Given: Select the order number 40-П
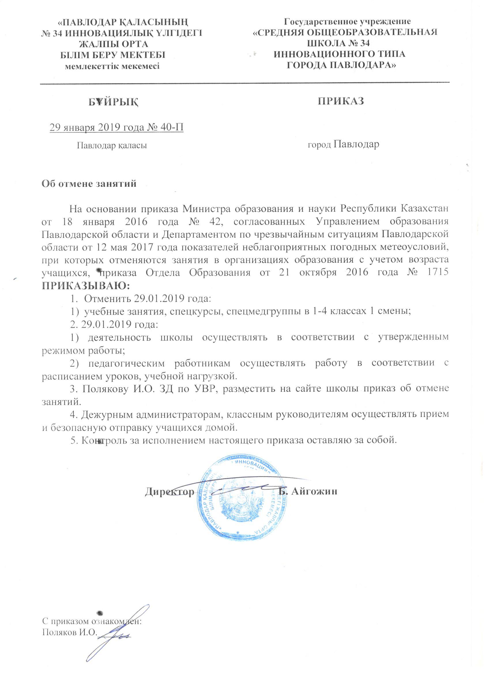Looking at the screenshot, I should tap(172, 127).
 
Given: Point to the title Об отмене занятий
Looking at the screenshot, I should tap(89, 184).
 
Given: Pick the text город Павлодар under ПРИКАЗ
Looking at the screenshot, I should tap(343, 145).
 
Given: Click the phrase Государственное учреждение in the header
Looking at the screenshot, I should tap(348, 21).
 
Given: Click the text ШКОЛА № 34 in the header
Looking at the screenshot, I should tap(338, 44).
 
